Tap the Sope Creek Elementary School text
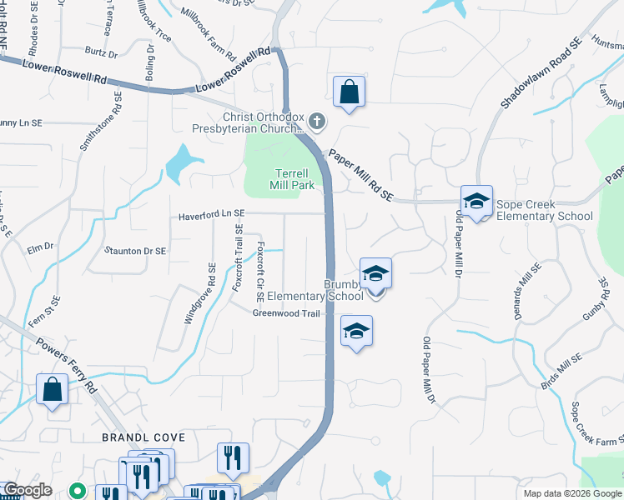pos(544,210)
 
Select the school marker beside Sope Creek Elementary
pos(476,202)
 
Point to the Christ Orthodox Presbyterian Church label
pos(261,123)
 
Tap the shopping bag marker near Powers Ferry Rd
pos(52,390)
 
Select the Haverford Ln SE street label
pos(211,216)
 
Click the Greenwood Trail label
pos(287,313)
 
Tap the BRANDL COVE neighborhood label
pos(131,437)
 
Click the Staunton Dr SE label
pos(135,250)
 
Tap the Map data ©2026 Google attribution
pos(572,493)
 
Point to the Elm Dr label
pos(40,247)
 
